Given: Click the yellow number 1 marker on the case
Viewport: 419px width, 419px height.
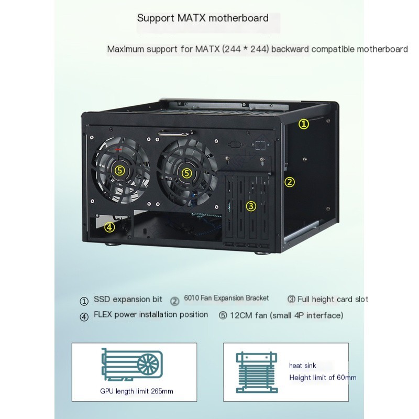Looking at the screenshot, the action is (304, 124).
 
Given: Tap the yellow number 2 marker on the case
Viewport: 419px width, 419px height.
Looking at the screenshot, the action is (289, 182).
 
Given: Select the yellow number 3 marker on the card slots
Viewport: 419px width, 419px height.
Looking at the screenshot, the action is (251, 206).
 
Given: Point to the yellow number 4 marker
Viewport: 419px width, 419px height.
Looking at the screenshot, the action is (109, 227).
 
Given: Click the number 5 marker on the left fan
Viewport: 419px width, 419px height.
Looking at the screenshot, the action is (120, 170).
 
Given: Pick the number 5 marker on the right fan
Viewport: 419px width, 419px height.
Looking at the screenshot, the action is (186, 172).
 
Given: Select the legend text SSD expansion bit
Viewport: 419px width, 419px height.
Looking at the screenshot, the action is (128, 300).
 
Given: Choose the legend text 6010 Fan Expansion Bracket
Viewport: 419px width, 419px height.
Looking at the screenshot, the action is (226, 298).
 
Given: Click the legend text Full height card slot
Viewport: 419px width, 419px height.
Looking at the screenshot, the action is (333, 300).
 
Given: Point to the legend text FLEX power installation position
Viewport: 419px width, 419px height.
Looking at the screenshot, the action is (150, 315).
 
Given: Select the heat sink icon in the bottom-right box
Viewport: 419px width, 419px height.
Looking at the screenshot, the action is (256, 372).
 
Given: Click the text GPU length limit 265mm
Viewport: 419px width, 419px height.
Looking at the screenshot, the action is (136, 391).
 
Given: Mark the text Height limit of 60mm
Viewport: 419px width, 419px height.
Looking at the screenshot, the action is (323, 378).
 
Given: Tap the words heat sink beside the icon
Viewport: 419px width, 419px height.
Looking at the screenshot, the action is (303, 366).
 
